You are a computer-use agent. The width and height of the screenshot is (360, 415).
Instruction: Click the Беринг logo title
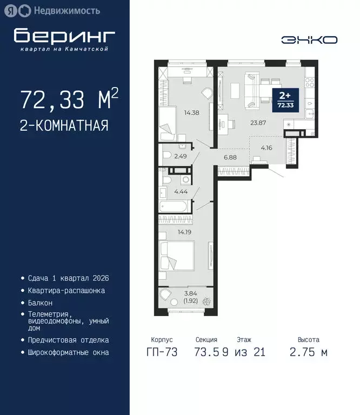64,36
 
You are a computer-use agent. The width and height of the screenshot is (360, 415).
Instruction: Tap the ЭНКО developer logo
309,39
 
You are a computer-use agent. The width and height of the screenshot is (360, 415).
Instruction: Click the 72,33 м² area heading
69,101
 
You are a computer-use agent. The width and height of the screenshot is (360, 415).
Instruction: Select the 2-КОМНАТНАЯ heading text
64,126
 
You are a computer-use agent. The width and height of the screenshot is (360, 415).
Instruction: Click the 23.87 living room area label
257,122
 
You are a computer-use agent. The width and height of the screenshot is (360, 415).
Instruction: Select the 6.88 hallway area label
231,157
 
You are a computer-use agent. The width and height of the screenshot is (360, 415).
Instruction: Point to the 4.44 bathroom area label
181,191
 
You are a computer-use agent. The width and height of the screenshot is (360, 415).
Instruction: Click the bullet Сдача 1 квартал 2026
68,278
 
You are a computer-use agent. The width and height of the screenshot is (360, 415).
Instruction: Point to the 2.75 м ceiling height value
308,352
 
